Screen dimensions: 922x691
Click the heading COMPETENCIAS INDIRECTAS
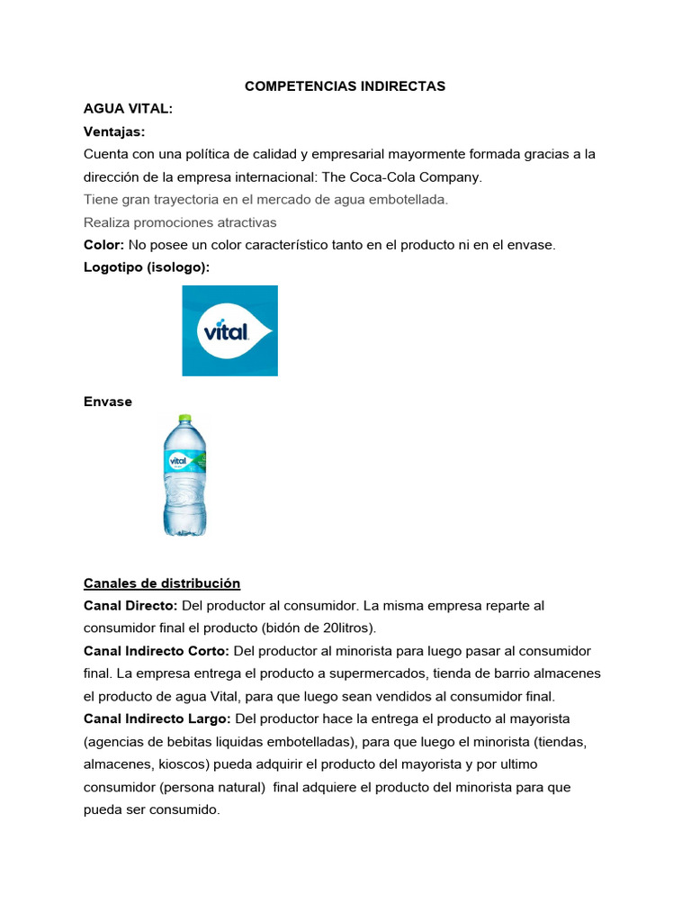coord(345,86)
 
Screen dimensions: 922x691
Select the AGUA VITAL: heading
coord(128,109)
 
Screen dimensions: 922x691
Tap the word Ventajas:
coord(114,131)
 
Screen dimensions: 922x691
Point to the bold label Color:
coord(103,245)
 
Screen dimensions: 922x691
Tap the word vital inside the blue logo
coord(226,331)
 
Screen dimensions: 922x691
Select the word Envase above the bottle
coord(107,402)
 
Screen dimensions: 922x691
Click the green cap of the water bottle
coord(184,419)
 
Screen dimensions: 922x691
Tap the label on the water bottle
coord(184,461)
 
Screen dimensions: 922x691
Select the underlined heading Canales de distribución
coord(162,583)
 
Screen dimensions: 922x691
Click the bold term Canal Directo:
coord(130,605)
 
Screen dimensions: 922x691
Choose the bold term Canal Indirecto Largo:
coord(157,719)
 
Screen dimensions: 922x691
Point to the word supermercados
coord(382,673)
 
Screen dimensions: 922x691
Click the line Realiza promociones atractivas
coord(180,221)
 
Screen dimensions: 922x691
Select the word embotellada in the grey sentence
coord(405,199)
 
